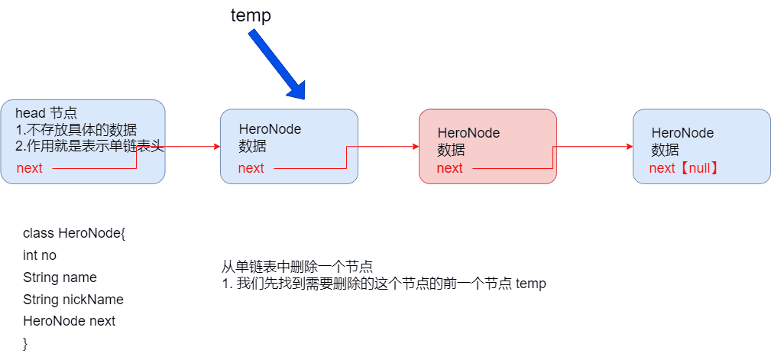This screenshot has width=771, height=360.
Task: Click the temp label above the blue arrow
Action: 251,15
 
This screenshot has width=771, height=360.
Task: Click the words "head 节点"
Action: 46,113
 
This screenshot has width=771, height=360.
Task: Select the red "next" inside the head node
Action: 30,168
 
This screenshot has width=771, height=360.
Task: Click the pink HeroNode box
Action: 488,146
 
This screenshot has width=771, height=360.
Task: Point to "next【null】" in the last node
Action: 685,168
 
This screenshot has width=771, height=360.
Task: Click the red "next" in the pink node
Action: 450,168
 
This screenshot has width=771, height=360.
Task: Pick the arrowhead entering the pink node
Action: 415,147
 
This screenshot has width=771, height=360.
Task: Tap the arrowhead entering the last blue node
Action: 629,147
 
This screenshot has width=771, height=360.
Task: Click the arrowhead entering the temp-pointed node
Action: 216,147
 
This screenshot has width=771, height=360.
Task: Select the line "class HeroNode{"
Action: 74,232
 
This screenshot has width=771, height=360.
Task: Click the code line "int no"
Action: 40,255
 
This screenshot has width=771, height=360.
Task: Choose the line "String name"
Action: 60,277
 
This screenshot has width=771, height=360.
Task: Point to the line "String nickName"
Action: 73,300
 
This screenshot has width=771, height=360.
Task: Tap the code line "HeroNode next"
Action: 69,321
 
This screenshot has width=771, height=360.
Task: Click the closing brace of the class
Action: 25,343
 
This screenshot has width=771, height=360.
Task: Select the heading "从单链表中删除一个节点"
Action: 297,267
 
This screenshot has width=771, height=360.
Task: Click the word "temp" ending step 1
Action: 531,284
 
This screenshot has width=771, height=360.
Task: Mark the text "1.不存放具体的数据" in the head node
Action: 76,130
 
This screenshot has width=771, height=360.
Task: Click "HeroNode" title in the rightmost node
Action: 682,133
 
